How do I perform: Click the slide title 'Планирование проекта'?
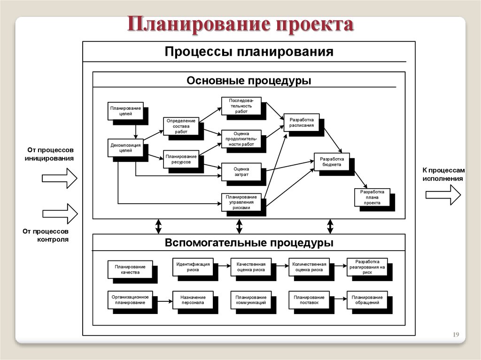240,25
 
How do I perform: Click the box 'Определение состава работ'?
181,126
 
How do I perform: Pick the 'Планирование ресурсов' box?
181,158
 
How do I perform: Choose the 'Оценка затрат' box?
240,172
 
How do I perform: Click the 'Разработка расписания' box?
302,123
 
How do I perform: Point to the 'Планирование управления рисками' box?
240,202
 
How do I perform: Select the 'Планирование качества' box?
130,269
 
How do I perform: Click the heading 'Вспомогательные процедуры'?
249,243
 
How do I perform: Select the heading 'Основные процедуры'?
249,81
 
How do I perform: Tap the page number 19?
455,334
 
